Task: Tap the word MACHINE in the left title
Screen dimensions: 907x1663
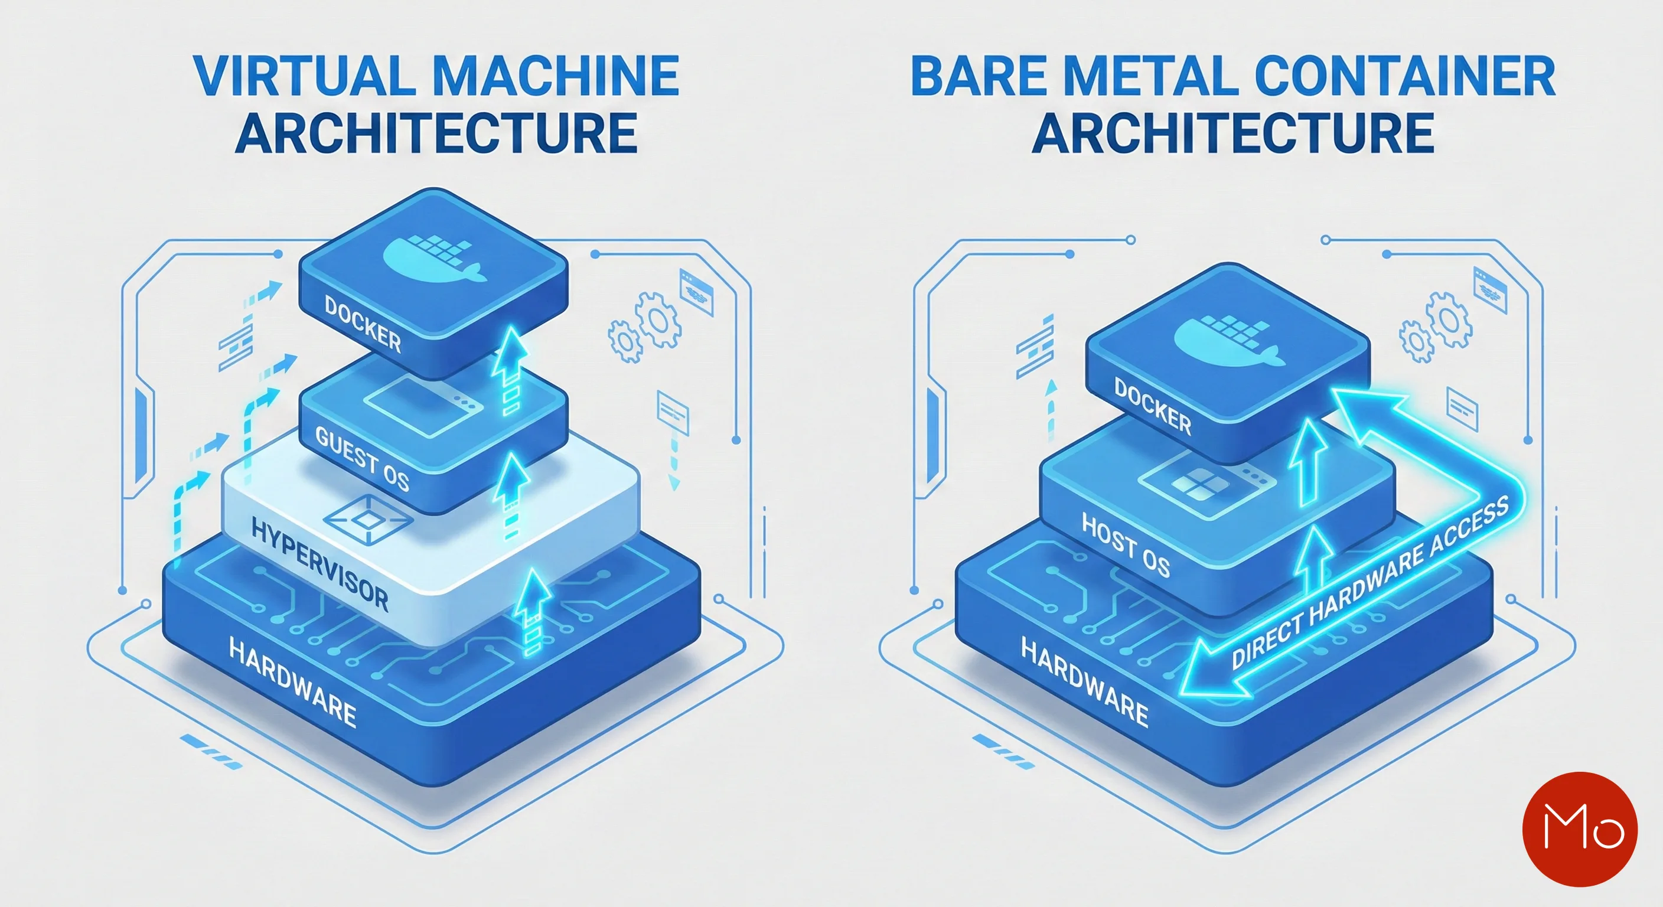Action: (x=555, y=76)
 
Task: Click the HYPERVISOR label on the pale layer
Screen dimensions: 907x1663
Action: (x=320, y=566)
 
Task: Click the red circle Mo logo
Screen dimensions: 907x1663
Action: (x=1579, y=829)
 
